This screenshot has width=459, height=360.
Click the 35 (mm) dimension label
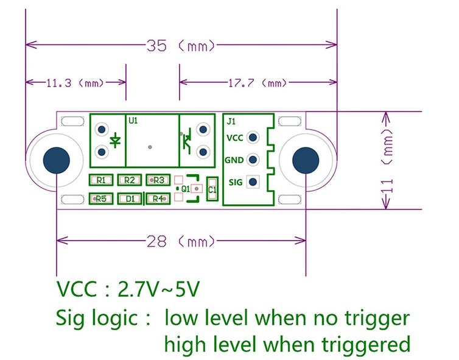[x=181, y=46]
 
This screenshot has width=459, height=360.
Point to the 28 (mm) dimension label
[x=181, y=241]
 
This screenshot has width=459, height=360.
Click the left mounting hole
[x=56, y=160]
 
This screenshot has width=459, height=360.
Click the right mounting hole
[x=305, y=160]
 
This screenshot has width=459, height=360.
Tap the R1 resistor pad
[x=101, y=180]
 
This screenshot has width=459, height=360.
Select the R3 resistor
[x=158, y=180]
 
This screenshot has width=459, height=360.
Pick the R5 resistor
[x=101, y=199]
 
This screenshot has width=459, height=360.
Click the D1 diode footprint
[x=129, y=199]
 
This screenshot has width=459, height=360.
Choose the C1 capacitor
[x=212, y=189]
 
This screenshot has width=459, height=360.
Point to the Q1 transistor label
[x=186, y=189]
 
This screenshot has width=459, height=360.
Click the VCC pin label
[x=234, y=138]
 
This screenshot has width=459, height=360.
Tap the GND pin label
[x=234, y=160]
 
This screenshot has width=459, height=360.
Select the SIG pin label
[x=235, y=182]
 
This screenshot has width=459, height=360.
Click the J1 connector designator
[x=231, y=121]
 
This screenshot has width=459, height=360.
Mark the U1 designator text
[x=133, y=121]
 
